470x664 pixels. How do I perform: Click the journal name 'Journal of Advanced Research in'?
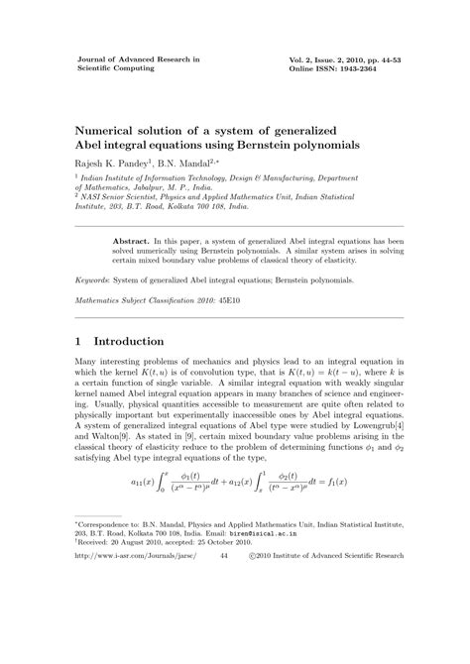pos(139,59)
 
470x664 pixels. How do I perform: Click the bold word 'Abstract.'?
pos(131,241)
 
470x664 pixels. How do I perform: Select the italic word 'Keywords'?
pos(95,281)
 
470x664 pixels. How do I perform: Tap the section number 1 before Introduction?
pos(79,342)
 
